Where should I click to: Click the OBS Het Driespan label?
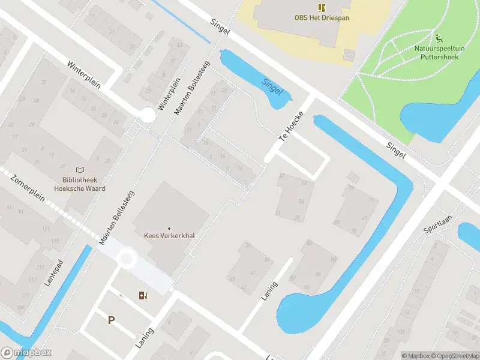click(322, 18)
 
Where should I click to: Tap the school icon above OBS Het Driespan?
click(322, 7)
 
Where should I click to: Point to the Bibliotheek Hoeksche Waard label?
click(80, 184)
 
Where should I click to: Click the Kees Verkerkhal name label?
click(169, 236)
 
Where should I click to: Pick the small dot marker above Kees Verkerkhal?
click(169, 228)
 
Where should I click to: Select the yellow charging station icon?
click(142, 295)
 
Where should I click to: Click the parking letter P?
click(111, 320)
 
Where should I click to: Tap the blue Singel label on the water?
click(272, 86)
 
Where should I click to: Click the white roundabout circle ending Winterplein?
click(146, 115)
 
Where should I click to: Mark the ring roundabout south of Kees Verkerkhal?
click(127, 259)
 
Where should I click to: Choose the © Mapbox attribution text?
click(416, 356)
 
